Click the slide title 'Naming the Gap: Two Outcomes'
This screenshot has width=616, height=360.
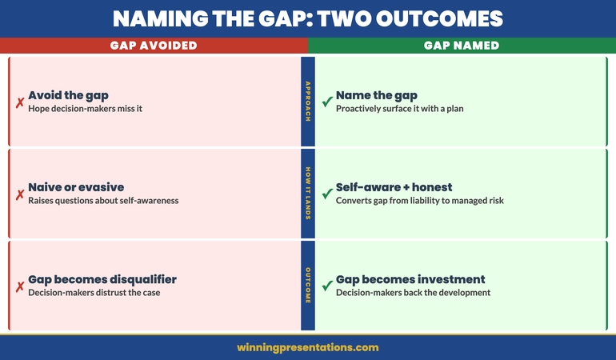pyautogui.click(x=308, y=18)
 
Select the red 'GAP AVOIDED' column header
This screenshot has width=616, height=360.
pyautogui.click(x=154, y=46)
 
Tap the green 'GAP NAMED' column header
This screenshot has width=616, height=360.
pyautogui.click(x=462, y=46)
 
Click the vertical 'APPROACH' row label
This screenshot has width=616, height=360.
pyautogui.click(x=308, y=101)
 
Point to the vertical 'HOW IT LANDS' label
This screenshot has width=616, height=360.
pyautogui.click(x=308, y=193)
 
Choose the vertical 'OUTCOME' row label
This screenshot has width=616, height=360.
pyautogui.click(x=308, y=285)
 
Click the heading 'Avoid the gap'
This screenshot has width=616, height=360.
pyautogui.click(x=68, y=95)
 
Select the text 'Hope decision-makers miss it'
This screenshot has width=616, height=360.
pyautogui.click(x=85, y=109)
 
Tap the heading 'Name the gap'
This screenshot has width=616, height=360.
pyautogui.click(x=377, y=95)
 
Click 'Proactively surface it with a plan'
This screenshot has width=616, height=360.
pyautogui.click(x=399, y=109)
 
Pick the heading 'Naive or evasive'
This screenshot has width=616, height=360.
pyautogui.click(x=76, y=187)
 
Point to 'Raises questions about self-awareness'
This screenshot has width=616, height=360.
pyautogui.click(x=103, y=201)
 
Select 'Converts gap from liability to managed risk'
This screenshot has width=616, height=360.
pyautogui.click(x=420, y=201)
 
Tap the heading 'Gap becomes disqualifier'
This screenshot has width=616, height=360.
pyautogui.click(x=102, y=279)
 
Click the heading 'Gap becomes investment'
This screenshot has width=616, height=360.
pyautogui.click(x=410, y=279)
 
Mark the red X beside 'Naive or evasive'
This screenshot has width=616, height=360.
pyautogui.click(x=19, y=194)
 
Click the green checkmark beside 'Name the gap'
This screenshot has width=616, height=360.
pyautogui.click(x=326, y=102)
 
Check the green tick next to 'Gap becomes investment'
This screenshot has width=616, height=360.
pyautogui.click(x=326, y=286)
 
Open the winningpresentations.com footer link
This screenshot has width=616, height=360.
pyautogui.click(x=308, y=347)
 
